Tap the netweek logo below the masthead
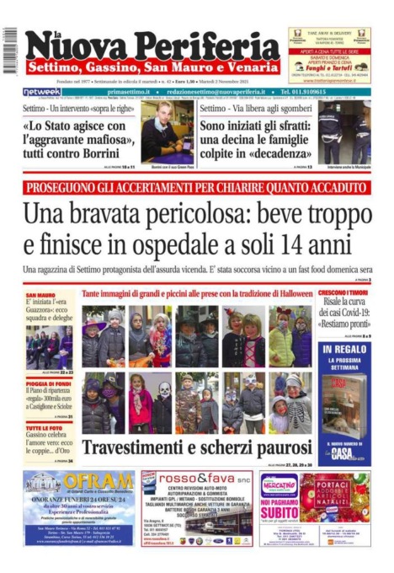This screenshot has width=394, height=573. (41, 91)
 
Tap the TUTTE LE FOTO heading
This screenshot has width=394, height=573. (44, 428)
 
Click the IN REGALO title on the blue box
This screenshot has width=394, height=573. (344, 347)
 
